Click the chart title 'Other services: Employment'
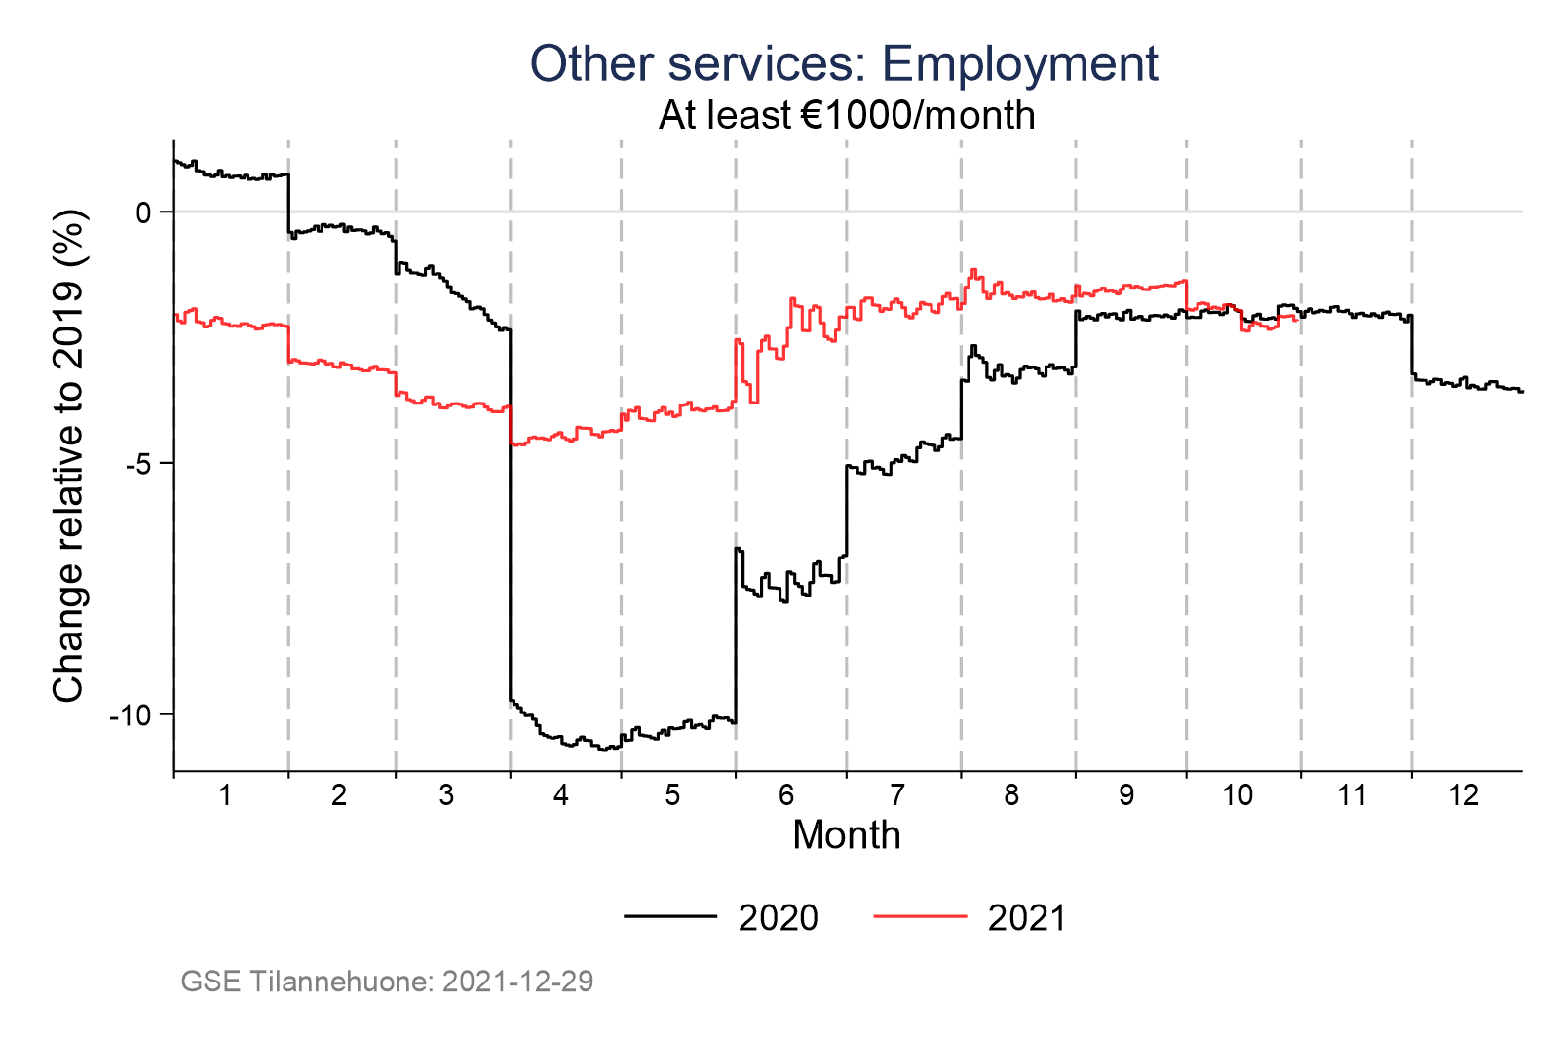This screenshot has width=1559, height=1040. point(844,64)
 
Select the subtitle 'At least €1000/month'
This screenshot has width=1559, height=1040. point(846,116)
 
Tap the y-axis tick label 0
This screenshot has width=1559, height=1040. point(143,212)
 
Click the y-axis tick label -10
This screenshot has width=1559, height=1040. point(131,715)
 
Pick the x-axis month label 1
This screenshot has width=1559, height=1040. point(225,796)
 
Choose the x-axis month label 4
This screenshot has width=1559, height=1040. point(561,796)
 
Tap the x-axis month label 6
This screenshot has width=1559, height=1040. point(786,796)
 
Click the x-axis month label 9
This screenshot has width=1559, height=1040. point(1125,796)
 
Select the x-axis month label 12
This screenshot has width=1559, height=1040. point(1464,796)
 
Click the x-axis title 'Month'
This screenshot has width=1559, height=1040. point(846,836)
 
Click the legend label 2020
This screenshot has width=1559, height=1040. point(778,918)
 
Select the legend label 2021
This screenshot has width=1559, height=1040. point(1027,918)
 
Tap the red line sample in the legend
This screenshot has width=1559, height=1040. point(920,916)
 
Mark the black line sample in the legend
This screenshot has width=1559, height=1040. point(670,916)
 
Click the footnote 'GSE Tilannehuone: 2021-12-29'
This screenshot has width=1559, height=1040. point(387,982)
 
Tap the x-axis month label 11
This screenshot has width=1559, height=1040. point(1351,796)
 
